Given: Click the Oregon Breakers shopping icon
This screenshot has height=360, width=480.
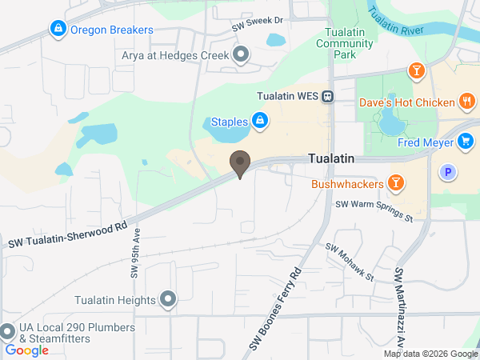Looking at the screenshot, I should pyautogui.click(x=58, y=30).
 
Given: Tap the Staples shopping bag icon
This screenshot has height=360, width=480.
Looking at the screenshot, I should pyautogui.click(x=259, y=122).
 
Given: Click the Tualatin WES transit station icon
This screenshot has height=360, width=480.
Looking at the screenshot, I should pyautogui.click(x=328, y=96).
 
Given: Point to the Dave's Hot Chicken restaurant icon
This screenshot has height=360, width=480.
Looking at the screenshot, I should pyautogui.click(x=468, y=102).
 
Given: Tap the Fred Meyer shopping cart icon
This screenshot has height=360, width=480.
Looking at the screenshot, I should pyautogui.click(x=465, y=142).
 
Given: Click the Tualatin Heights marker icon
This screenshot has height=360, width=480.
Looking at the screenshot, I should pyautogui.click(x=168, y=300).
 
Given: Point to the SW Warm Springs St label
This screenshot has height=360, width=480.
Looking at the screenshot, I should pyautogui.click(x=374, y=210).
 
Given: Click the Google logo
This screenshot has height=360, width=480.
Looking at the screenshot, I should pyautogui.click(x=26, y=350).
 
